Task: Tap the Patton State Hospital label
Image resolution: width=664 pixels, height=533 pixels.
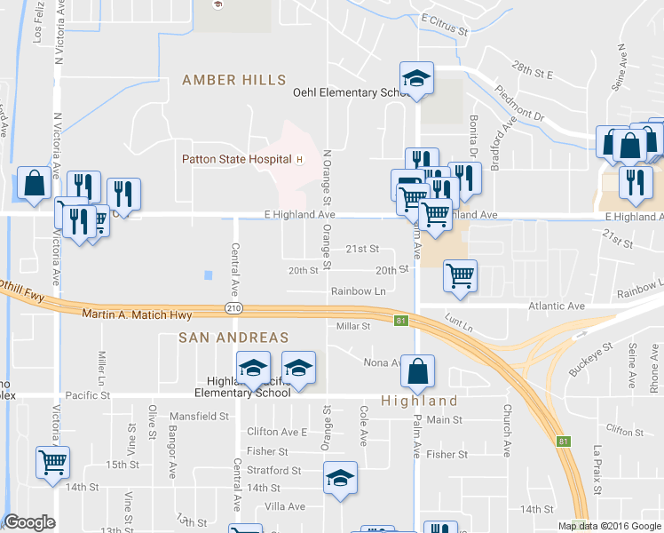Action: tap(237, 160)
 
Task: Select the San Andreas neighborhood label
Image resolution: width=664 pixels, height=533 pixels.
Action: tap(233, 338)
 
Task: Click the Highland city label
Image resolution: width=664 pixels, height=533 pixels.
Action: tap(420, 401)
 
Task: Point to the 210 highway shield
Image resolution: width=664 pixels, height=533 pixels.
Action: tap(232, 308)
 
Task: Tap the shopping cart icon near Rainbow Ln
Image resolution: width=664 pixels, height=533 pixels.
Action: tap(460, 276)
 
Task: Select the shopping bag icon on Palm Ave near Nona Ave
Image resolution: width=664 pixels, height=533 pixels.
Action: tap(417, 370)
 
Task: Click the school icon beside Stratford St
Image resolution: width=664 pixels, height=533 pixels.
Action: tap(339, 479)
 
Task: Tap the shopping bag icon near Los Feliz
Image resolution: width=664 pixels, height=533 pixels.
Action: tap(34, 184)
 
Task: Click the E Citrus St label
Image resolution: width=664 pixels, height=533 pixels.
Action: tap(445, 24)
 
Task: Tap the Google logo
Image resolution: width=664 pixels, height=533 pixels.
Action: tap(29, 522)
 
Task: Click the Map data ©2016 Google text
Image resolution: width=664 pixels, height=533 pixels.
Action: tap(609, 526)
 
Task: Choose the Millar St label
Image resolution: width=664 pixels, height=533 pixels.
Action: tap(352, 326)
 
